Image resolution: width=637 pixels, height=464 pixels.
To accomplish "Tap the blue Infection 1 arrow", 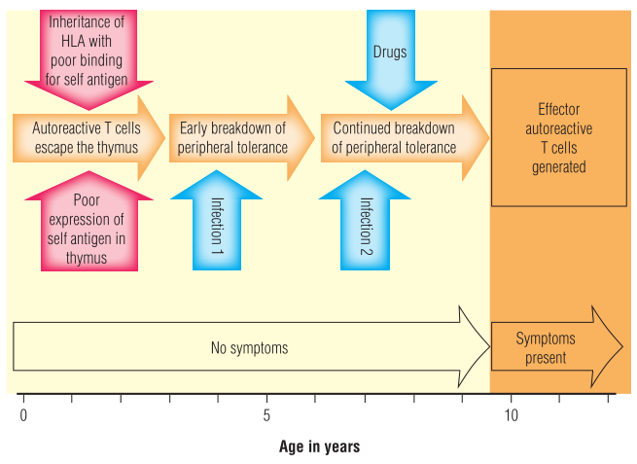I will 217,219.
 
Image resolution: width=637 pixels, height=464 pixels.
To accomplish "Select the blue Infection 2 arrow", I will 367,219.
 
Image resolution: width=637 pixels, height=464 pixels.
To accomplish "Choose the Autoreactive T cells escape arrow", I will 86,137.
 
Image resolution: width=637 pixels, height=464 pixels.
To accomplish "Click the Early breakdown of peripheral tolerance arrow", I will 234,137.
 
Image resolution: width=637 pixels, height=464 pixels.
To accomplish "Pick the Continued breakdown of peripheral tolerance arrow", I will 395,137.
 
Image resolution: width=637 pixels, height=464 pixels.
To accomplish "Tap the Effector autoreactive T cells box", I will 557,137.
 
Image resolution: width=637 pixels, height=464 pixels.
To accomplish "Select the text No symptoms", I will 249,347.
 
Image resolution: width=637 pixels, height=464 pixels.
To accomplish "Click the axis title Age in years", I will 319,446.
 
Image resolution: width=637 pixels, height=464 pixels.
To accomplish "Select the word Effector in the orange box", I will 558,110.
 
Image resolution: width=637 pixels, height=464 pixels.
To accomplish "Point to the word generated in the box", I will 558,166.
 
